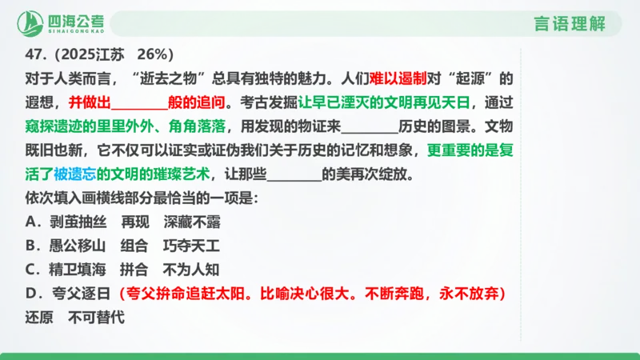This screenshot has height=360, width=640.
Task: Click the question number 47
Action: tap(34, 55)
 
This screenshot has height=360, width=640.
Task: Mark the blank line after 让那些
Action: tap(294, 174)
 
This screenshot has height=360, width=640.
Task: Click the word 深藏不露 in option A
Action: tap(192, 222)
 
